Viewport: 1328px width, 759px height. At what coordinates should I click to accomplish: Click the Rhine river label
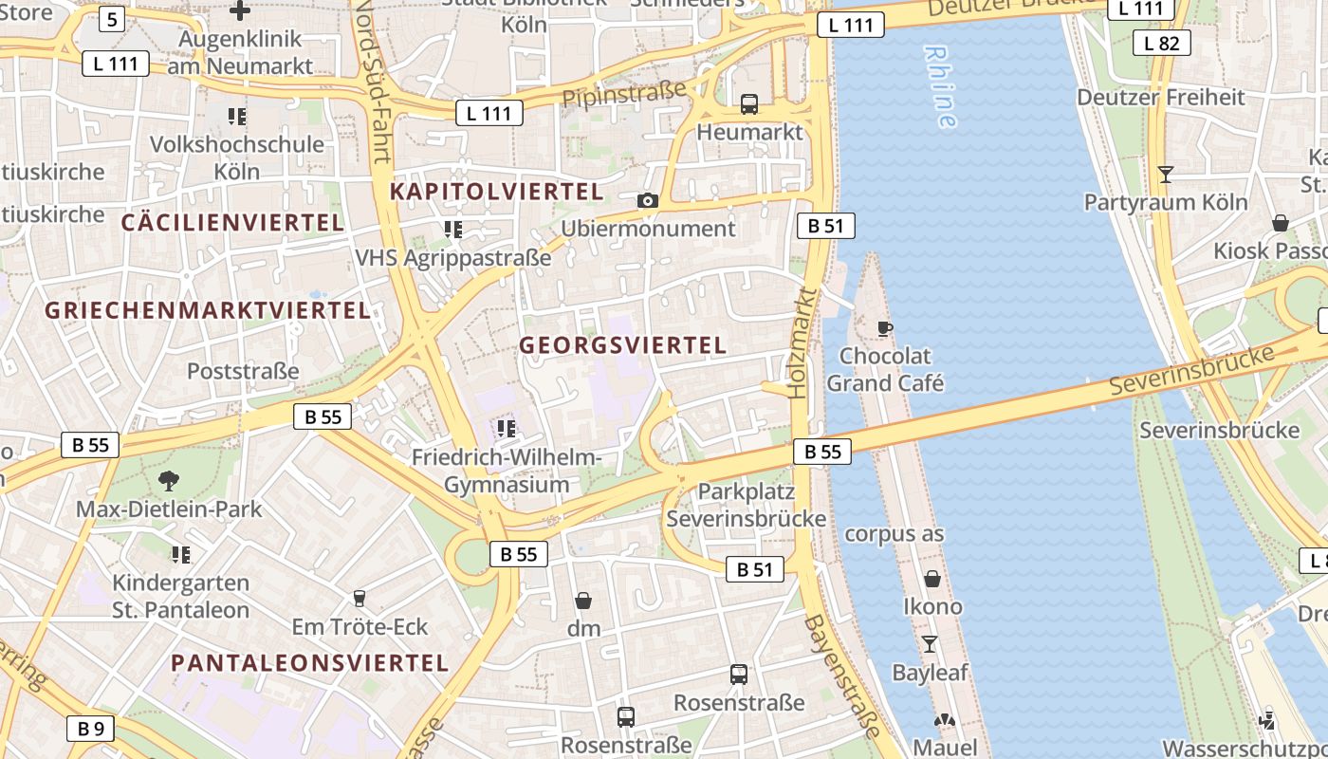[x=940, y=86]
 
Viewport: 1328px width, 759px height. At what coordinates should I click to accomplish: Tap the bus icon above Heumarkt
[x=749, y=104]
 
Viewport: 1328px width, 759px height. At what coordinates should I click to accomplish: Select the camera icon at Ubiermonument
[x=648, y=200]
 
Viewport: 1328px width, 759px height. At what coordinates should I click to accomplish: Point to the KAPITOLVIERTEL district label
[x=496, y=192]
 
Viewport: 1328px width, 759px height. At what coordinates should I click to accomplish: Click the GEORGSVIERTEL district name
[x=622, y=345]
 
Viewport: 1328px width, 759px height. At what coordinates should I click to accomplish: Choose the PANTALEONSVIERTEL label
[x=310, y=663]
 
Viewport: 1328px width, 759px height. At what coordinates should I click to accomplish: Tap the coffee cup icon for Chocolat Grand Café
[x=885, y=329]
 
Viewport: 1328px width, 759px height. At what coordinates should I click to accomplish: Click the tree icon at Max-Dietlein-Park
[x=169, y=481]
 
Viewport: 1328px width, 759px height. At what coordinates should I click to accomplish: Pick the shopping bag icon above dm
[x=583, y=601]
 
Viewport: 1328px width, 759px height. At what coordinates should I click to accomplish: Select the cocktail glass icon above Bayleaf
[x=930, y=644]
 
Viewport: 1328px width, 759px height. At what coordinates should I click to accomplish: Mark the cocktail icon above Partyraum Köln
[x=1166, y=175]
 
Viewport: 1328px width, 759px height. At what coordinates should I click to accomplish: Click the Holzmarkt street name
[x=802, y=342]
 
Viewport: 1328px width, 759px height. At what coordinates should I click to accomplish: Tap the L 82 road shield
[x=1161, y=43]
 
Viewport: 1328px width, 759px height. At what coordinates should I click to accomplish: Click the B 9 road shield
[x=91, y=729]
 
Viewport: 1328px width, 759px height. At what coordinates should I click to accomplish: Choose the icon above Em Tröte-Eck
[x=360, y=599]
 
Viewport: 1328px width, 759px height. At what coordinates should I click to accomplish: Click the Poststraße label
[x=243, y=371]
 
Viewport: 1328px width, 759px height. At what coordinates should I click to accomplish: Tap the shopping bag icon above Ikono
[x=932, y=578]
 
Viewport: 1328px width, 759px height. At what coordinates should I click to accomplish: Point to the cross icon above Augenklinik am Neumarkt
[x=240, y=10]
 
